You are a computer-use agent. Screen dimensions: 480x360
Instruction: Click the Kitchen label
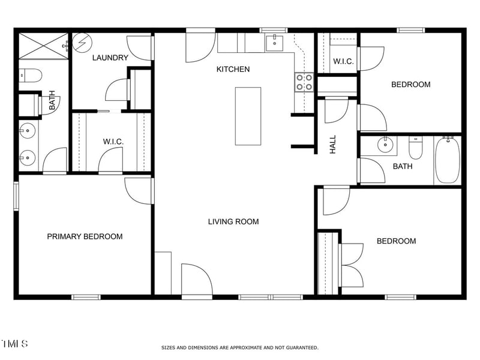(233, 69)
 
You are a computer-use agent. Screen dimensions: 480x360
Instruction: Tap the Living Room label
(233, 221)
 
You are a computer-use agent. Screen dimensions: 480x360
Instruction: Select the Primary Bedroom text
(85, 236)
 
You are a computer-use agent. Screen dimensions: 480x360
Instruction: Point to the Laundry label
(110, 58)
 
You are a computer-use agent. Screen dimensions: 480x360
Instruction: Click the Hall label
(333, 144)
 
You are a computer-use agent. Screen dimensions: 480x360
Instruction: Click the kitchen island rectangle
(248, 116)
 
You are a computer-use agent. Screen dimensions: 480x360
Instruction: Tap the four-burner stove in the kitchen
(304, 82)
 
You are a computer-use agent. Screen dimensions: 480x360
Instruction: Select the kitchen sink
(274, 43)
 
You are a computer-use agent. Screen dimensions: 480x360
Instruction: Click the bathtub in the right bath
(447, 160)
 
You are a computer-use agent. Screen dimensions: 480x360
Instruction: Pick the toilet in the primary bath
(31, 76)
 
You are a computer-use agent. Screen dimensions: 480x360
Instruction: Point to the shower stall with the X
(43, 46)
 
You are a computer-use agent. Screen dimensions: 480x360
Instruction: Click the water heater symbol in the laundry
(82, 43)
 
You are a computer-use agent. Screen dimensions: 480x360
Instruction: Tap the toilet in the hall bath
(415, 148)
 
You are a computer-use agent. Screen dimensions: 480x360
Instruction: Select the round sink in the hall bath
(385, 145)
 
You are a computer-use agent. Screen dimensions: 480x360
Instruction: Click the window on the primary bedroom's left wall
(16, 196)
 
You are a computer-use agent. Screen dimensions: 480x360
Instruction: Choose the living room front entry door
(197, 280)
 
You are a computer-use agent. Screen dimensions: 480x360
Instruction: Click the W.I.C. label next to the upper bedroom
(343, 61)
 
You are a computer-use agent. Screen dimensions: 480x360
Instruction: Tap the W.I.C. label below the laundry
(113, 142)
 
